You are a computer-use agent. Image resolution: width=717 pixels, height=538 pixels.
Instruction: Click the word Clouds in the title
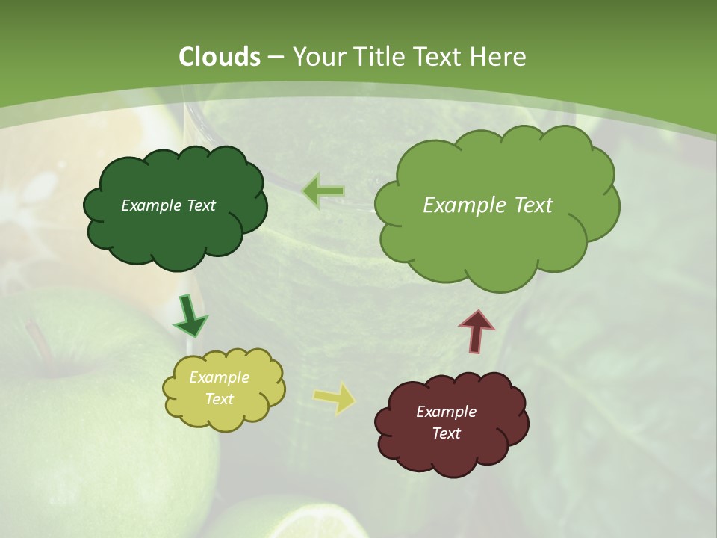pyautogui.click(x=220, y=57)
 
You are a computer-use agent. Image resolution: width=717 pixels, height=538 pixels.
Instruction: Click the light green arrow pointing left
pyautogui.click(x=323, y=191)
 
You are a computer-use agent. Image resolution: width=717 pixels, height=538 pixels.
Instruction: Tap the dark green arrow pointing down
pyautogui.click(x=190, y=315)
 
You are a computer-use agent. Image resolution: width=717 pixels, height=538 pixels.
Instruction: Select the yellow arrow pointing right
pyautogui.click(x=335, y=398)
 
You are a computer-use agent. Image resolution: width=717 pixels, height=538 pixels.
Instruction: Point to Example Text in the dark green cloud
pyautogui.click(x=168, y=205)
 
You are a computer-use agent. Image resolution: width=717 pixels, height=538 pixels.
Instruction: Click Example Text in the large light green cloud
pyautogui.click(x=488, y=205)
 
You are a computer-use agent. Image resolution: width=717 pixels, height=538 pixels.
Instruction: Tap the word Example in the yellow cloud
pyautogui.click(x=219, y=377)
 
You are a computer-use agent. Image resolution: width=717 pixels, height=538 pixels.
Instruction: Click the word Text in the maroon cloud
pyautogui.click(x=446, y=433)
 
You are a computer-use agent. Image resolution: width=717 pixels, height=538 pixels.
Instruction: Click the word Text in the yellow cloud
pyautogui.click(x=219, y=399)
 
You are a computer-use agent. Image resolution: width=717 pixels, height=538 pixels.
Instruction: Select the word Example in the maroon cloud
pyautogui.click(x=446, y=412)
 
